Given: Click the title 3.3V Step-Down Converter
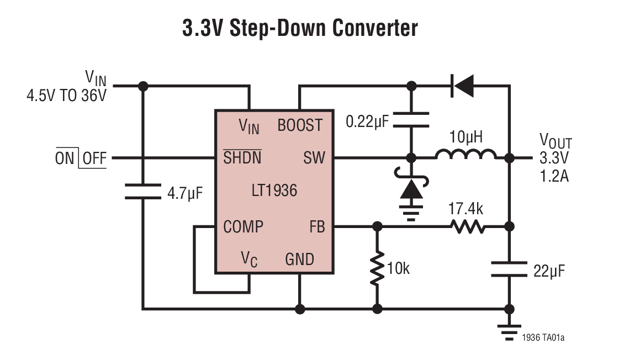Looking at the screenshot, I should [300, 28].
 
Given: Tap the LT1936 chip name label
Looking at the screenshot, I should [273, 191].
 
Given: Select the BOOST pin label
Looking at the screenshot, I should [299, 125].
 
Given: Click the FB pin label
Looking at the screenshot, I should [318, 226].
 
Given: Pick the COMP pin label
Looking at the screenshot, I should [243, 226].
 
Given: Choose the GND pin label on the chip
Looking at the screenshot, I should [299, 259].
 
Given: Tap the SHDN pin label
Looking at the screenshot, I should [242, 158].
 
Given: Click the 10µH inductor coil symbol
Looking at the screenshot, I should [466, 155].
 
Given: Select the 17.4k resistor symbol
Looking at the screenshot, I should [468, 226].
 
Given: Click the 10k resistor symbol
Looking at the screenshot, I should [377, 268].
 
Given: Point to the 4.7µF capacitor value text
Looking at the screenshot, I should [185, 193].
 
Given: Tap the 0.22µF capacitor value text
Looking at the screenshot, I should [367, 120].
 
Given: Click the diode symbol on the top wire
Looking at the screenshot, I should [462, 86].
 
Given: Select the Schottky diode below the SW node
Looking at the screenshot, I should [411, 189].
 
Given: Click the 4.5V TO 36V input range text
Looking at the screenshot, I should [66, 94].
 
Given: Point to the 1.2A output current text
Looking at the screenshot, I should [554, 177].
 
